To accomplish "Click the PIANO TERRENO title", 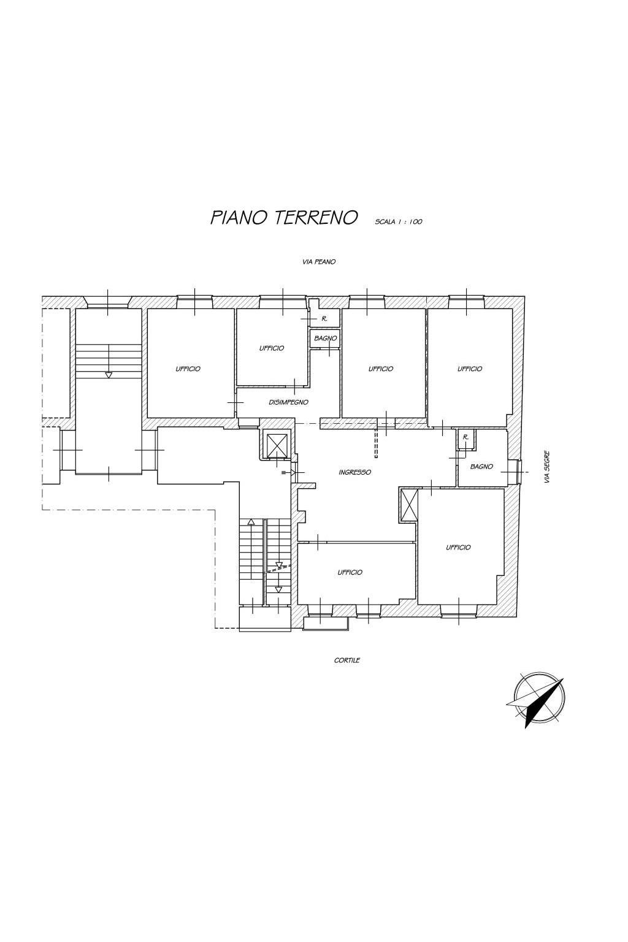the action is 283,218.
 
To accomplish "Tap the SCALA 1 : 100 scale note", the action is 399,221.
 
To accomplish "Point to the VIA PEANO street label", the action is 319,262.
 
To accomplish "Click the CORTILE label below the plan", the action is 347,661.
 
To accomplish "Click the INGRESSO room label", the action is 354,472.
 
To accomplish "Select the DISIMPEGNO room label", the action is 288,402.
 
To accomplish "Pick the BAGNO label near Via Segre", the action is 481,466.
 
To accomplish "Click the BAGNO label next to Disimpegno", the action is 326,338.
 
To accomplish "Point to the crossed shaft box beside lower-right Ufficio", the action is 409,505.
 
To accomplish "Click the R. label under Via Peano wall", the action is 324,319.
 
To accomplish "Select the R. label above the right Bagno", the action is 465,437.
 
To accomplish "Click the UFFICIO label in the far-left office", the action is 188,369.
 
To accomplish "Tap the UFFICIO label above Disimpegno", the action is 271,348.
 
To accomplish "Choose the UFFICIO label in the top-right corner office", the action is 470,369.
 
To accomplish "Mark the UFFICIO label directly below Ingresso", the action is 350,572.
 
